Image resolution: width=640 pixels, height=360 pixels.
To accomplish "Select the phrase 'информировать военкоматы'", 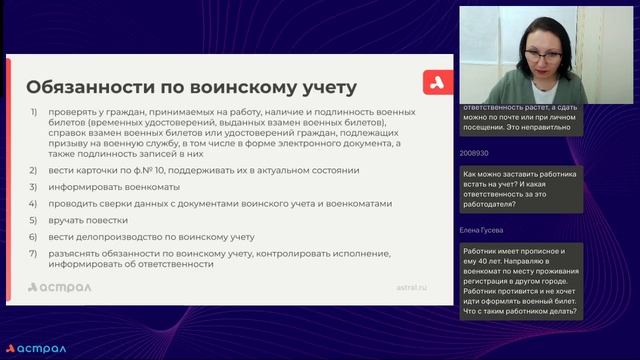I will [111, 187].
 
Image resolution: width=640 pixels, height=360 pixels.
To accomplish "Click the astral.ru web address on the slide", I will [411, 286].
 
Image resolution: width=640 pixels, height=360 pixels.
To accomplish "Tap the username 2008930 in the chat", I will [474, 153].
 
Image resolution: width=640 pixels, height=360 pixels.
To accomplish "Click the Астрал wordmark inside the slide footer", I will [61, 287].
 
